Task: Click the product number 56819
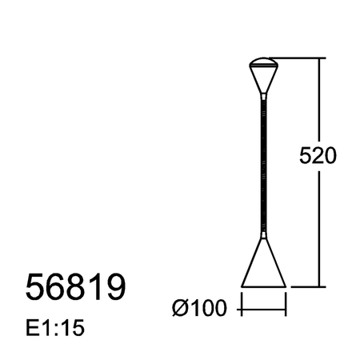point(76,288)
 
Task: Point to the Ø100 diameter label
point(199,306)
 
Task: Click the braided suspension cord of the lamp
point(263,160)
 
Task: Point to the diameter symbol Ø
point(180,306)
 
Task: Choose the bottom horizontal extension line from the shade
point(304,286)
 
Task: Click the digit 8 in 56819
point(76,288)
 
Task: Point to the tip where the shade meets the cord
point(263,234)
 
